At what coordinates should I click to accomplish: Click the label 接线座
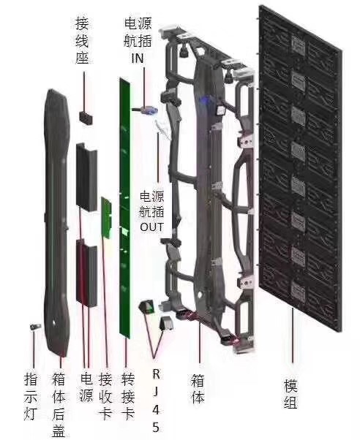[x=82, y=41]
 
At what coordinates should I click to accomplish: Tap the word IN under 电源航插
[x=138, y=58]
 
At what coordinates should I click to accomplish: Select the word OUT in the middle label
[x=151, y=227]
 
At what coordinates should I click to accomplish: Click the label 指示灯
[x=30, y=396]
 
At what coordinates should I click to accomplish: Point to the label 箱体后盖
[x=59, y=405]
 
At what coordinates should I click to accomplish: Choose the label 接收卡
[x=105, y=396]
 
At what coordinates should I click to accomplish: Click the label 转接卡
[x=128, y=396]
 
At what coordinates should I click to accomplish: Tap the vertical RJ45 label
[x=156, y=401]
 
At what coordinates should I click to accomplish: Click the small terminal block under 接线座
[x=86, y=118]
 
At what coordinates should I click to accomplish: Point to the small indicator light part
[x=35, y=327]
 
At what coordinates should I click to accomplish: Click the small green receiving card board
[x=107, y=218]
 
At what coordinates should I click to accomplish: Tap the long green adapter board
[x=125, y=208]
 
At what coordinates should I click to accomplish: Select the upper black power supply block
[x=86, y=177]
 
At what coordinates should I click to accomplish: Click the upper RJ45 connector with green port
[x=147, y=307]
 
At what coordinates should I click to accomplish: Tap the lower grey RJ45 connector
[x=166, y=324]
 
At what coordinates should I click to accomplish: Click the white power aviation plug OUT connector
[x=162, y=129]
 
